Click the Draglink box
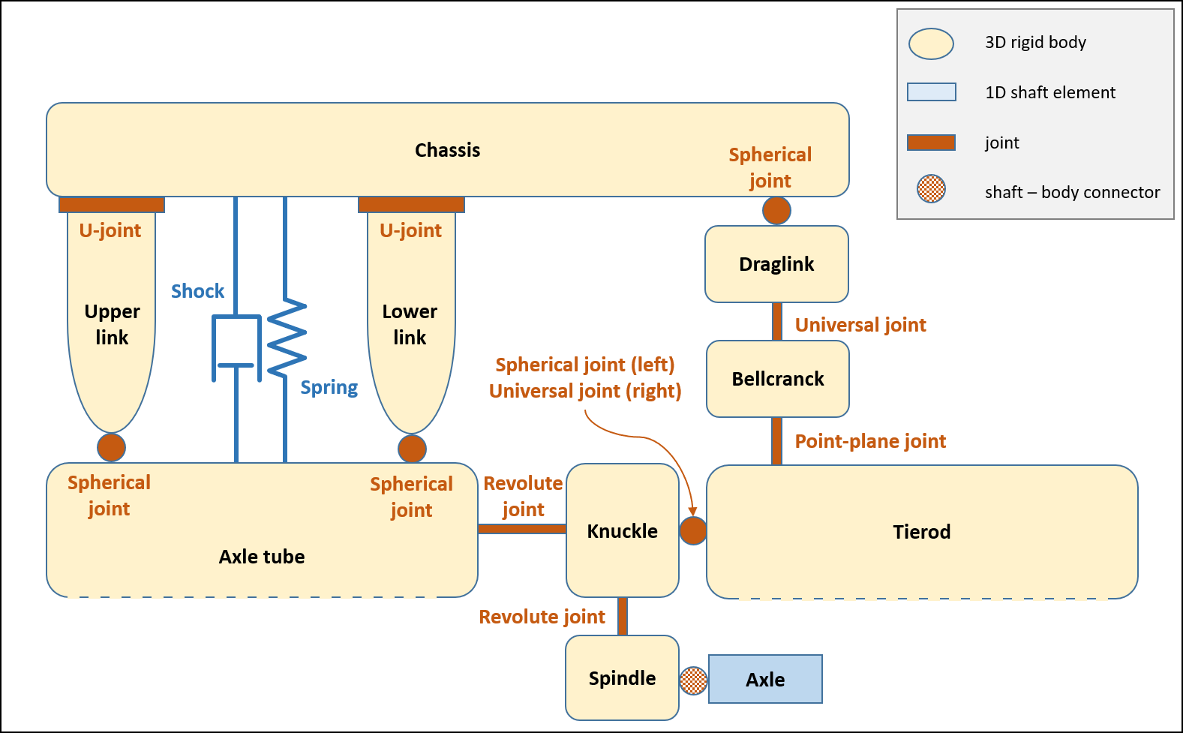pos(776,264)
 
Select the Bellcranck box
pos(778,379)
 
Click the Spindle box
pos(622,677)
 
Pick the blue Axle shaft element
pos(765,679)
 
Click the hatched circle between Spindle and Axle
pos(693,680)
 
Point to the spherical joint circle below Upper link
pos(112,447)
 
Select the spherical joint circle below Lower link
pos(412,449)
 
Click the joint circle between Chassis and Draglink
pos(776,211)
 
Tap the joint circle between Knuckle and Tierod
pos(693,530)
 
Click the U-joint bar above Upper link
pos(112,205)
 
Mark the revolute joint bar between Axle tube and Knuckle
pos(522,529)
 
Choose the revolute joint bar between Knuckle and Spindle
pos(623,616)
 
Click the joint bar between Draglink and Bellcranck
pos(777,322)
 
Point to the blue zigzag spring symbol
pos(287,338)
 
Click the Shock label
pos(197,291)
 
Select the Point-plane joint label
pos(870,441)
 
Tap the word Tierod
pos(921,532)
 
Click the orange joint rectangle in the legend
pos(931,143)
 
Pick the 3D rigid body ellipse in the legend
pos(931,44)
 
